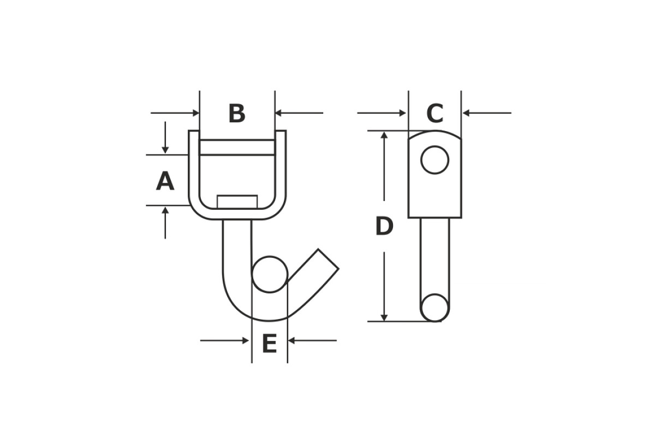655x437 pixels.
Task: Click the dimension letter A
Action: click(x=165, y=181)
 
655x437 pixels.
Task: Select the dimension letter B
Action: click(x=237, y=113)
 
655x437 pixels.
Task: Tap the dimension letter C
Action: click(x=435, y=113)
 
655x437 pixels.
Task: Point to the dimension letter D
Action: click(x=384, y=226)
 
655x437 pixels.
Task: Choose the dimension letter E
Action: click(x=270, y=344)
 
